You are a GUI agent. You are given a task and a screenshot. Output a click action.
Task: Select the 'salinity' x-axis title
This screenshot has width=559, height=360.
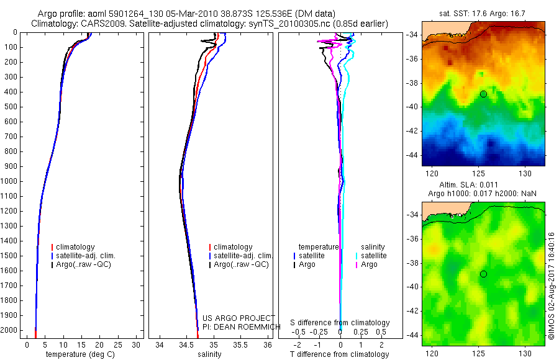[208, 354]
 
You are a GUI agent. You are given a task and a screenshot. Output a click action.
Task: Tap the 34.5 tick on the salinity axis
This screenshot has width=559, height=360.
[187, 344]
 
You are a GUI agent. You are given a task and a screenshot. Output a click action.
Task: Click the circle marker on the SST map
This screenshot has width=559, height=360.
[483, 94]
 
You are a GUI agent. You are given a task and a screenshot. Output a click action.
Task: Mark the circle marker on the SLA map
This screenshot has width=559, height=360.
[483, 274]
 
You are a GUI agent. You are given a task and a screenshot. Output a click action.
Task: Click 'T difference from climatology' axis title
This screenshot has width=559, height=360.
[339, 354]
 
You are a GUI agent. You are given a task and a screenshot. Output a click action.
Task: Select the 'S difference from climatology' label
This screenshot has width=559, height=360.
[340, 323]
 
